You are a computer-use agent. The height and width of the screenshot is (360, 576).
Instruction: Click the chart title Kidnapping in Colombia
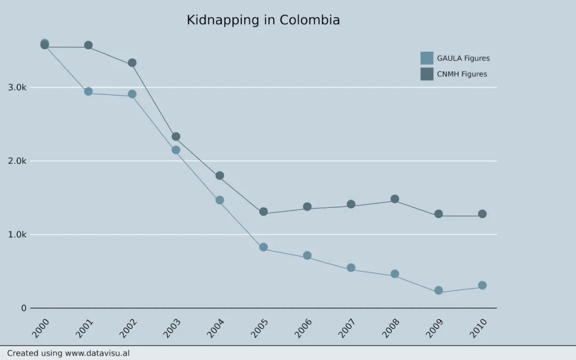(263, 20)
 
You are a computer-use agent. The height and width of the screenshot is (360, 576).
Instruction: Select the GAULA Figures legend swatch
(427, 58)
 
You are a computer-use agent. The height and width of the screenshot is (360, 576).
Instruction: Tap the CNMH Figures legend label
(462, 74)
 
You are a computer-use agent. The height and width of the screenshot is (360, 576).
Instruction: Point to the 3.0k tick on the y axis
(17, 87)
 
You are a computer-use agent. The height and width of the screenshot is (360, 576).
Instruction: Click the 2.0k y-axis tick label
(17, 161)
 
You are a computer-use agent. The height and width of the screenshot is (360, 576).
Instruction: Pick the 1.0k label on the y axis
(17, 235)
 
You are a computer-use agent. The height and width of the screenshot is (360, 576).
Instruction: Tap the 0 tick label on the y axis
(23, 308)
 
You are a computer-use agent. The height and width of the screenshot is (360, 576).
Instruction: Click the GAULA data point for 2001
(89, 92)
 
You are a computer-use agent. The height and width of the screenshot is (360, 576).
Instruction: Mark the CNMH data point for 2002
(132, 63)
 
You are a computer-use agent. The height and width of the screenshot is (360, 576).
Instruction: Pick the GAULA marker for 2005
(263, 247)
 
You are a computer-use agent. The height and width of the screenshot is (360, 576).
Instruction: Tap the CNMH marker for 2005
(263, 212)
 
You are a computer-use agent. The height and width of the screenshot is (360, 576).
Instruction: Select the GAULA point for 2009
(438, 291)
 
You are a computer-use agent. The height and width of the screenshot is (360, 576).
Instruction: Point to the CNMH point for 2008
(395, 199)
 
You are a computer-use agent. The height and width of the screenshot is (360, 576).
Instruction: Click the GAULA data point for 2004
(220, 200)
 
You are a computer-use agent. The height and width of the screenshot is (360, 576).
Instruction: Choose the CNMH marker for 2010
(482, 214)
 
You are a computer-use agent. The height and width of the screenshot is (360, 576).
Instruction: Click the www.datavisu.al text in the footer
(97, 353)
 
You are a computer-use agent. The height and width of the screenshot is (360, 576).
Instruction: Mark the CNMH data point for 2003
(176, 137)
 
